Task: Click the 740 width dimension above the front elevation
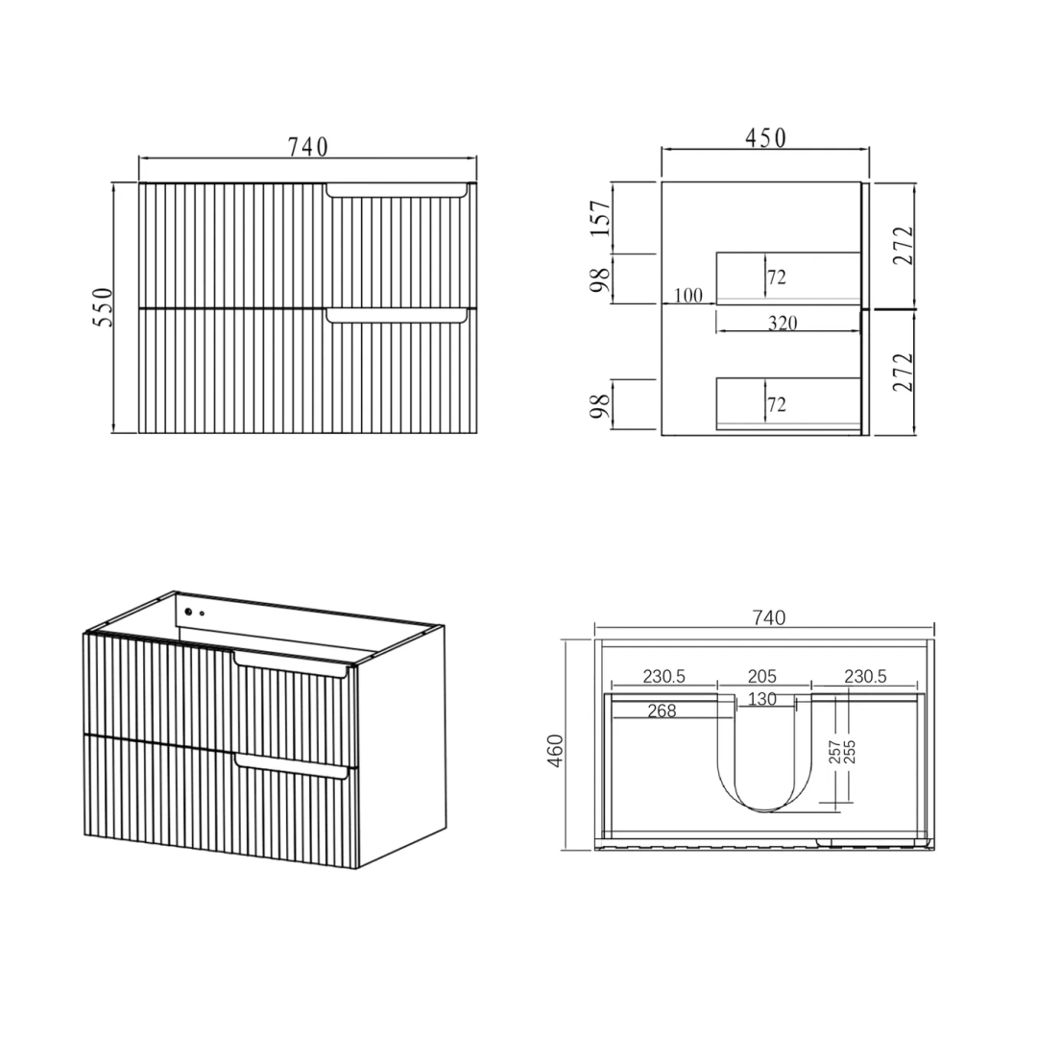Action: tap(307, 147)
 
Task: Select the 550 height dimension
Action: tap(104, 306)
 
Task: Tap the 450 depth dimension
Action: tap(765, 138)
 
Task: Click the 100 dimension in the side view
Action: tap(687, 296)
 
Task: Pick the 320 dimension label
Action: tap(783, 324)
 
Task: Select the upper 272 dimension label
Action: tap(903, 245)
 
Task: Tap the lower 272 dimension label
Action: tap(903, 372)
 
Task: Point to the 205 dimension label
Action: tap(762, 677)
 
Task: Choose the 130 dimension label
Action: tap(762, 699)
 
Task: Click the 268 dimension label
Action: tap(663, 711)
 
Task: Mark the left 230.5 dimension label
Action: tap(664, 677)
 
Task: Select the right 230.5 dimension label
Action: tap(865, 677)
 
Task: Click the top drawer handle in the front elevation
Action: tap(397, 190)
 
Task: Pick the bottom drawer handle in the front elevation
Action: tap(397, 315)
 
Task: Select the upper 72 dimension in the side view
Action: tap(777, 277)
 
